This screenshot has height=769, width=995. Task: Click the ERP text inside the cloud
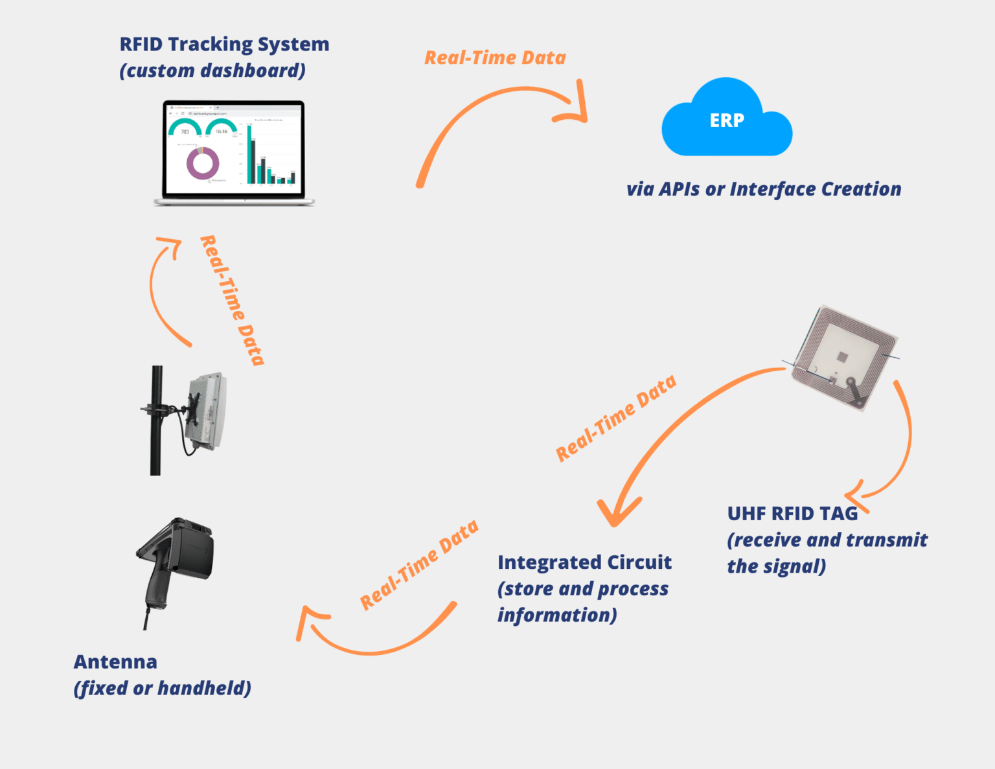[726, 121]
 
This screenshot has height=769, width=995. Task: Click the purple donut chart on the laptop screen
[203, 163]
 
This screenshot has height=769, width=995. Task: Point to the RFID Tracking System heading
[224, 44]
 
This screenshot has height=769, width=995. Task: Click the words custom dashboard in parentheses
[212, 71]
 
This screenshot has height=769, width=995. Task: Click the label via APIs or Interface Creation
[763, 189]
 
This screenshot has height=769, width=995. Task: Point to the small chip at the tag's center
[841, 356]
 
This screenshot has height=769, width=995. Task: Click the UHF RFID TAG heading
[792, 514]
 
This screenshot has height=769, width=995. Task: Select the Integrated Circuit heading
[584, 562]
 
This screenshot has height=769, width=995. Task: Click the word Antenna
[115, 661]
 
